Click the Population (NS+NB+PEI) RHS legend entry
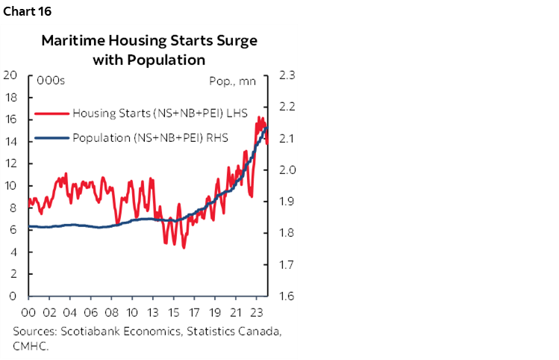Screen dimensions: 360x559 [150, 137]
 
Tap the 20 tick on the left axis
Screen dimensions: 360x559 [10, 75]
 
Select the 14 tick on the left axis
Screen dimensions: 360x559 [10, 141]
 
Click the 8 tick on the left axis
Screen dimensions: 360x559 [13, 208]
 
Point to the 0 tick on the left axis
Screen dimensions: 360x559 [13, 296]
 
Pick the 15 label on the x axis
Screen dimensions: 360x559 [175, 312]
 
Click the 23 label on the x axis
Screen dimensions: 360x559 [256, 312]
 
